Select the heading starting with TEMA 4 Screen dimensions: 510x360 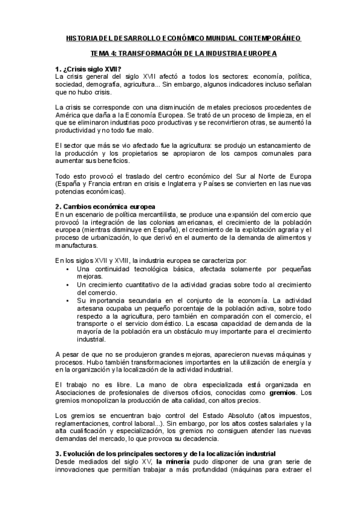coord(180,53)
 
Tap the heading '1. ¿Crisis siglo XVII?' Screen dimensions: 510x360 coord(88,69)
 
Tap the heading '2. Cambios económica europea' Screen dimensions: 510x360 coord(104,207)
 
